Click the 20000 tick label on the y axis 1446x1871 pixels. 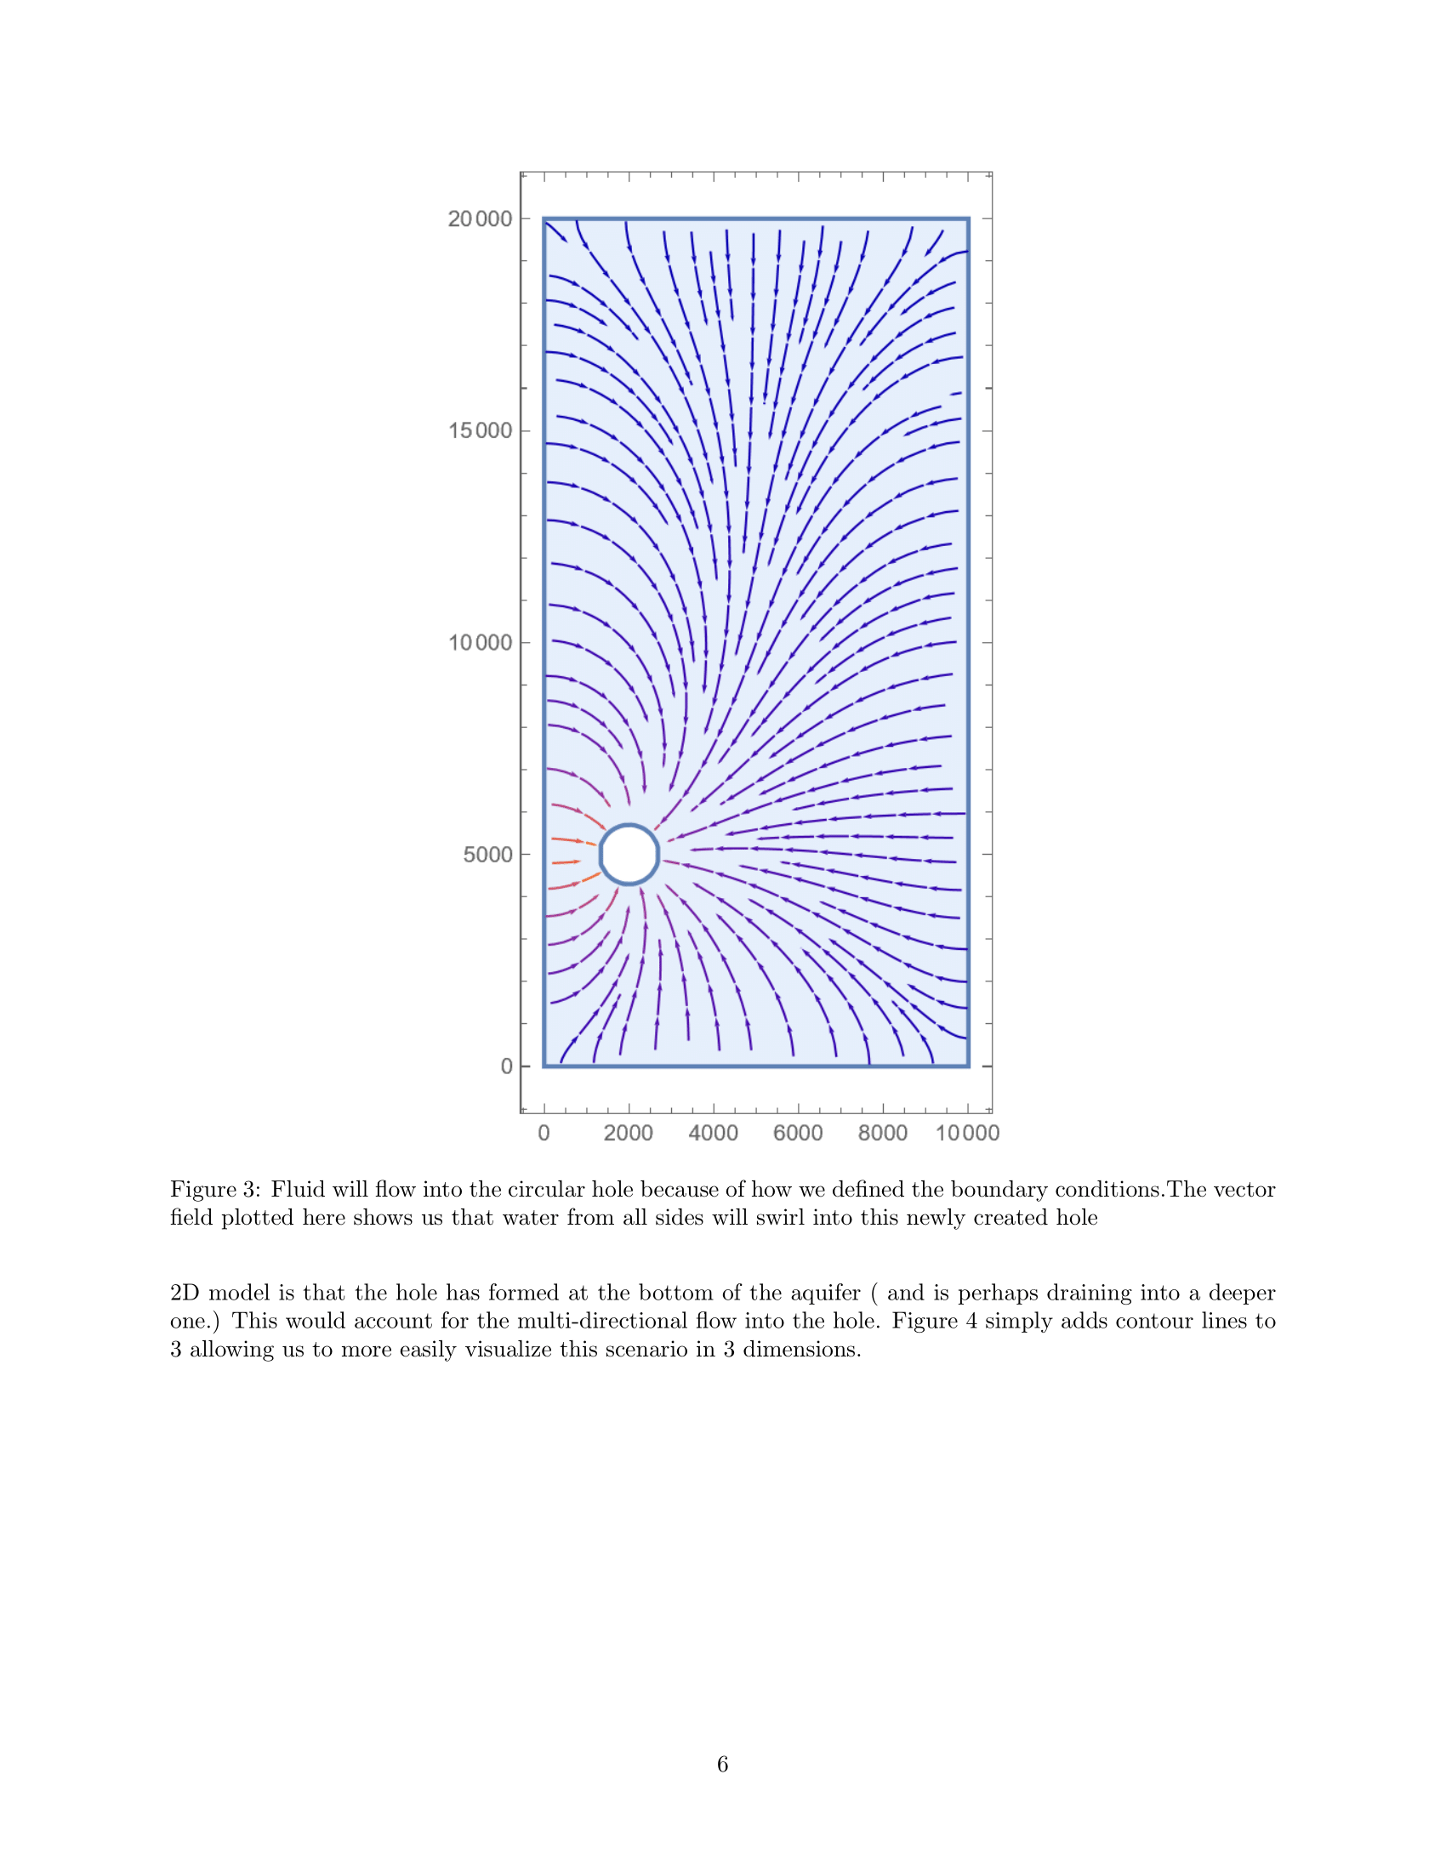coord(480,219)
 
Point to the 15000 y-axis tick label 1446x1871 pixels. coord(480,431)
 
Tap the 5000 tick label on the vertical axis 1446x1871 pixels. coord(487,855)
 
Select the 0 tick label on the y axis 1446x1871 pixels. coord(506,1066)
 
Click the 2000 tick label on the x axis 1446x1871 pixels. coord(628,1134)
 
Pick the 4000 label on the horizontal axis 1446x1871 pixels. coord(713,1134)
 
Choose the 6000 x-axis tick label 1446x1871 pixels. coord(798,1134)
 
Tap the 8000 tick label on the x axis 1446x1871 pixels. coord(882,1134)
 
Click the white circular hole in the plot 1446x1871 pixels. coord(629,854)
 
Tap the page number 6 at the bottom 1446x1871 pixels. coord(722,1764)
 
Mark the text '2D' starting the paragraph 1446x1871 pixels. coord(185,1293)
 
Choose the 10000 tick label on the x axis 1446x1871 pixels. coord(967,1134)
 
